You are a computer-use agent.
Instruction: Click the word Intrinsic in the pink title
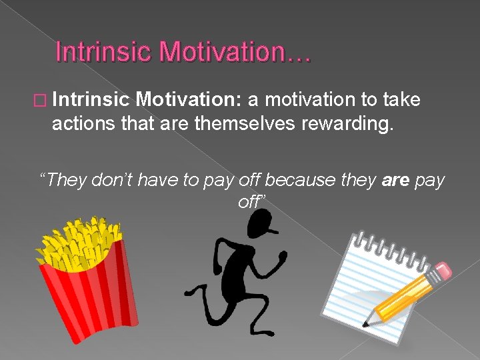pos(102,52)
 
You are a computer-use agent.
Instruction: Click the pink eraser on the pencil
pos(442,271)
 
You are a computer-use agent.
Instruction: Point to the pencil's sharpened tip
pos(365,325)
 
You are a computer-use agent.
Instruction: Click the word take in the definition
pos(402,100)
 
